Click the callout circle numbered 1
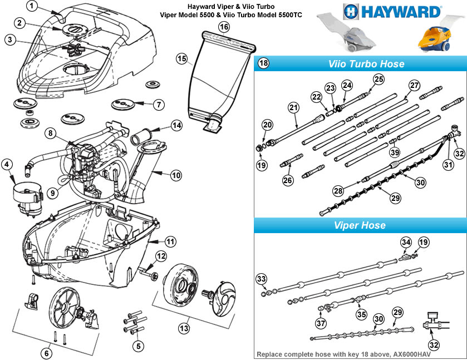click(32, 6)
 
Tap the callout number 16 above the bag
click(224, 27)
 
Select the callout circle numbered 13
click(184, 328)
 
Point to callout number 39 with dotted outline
click(395, 152)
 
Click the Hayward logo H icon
click(351, 12)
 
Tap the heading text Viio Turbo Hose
click(366, 64)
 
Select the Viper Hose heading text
click(360, 225)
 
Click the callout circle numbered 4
click(7, 164)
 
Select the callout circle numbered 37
click(321, 323)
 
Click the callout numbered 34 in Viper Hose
click(406, 243)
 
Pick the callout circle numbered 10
click(176, 175)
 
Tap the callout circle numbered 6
click(46, 353)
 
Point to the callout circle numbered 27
click(414, 86)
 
